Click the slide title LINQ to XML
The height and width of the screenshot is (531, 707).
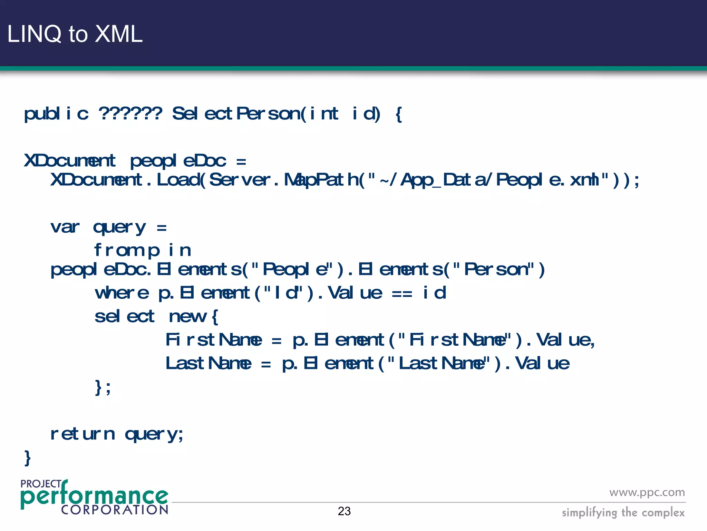point(75,34)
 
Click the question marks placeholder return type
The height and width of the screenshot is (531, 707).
point(130,113)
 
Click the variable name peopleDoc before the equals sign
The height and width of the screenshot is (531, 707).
point(178,161)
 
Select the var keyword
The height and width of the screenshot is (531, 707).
point(65,227)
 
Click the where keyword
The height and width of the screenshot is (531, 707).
point(122,293)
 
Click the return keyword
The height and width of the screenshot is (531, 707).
point(83,434)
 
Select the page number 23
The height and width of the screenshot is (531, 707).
point(344,511)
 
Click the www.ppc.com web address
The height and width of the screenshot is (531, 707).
point(647,492)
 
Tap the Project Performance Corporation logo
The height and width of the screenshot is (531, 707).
point(94,497)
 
